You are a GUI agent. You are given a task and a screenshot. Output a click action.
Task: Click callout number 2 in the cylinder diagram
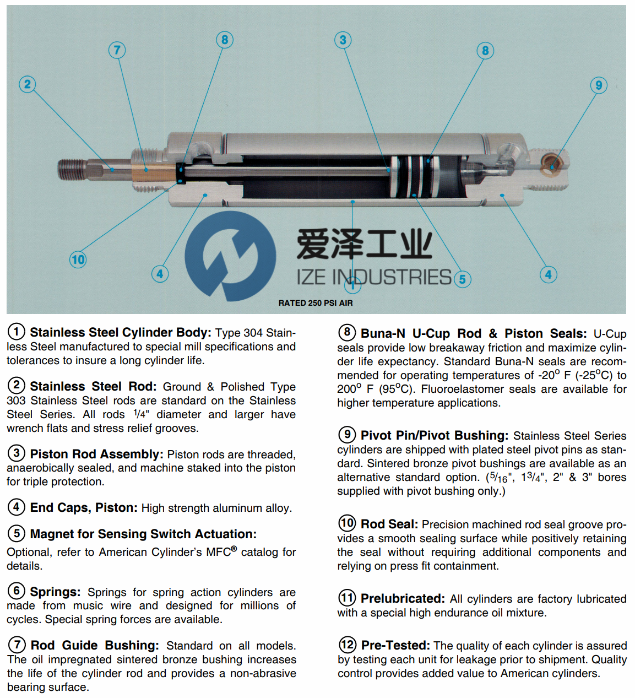[27, 84]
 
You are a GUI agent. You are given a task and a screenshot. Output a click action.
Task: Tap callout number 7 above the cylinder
[117, 50]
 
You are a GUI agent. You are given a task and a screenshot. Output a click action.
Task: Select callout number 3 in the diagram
[343, 40]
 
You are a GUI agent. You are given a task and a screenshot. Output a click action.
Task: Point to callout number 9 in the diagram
[599, 85]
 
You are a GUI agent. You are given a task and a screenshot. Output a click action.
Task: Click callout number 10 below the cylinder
[78, 259]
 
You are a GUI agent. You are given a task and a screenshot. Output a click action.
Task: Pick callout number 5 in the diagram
[462, 279]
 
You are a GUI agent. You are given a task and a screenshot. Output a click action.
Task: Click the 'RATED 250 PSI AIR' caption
[316, 303]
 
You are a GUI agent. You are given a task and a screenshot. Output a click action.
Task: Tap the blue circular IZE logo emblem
[230, 256]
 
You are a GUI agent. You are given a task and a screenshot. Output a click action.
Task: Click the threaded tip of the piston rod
[72, 169]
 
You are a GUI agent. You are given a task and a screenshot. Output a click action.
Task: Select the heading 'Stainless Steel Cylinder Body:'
[120, 333]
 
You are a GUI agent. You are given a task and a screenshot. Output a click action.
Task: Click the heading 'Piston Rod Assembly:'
[96, 454]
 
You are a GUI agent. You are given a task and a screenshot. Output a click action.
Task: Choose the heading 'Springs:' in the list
[55, 592]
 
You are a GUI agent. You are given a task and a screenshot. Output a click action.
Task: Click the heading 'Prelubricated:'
[403, 599]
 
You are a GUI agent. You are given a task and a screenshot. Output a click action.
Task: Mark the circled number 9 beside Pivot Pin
[346, 435]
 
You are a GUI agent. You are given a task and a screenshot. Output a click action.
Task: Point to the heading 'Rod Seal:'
[389, 524]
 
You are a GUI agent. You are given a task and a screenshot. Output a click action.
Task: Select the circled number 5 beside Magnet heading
[17, 533]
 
